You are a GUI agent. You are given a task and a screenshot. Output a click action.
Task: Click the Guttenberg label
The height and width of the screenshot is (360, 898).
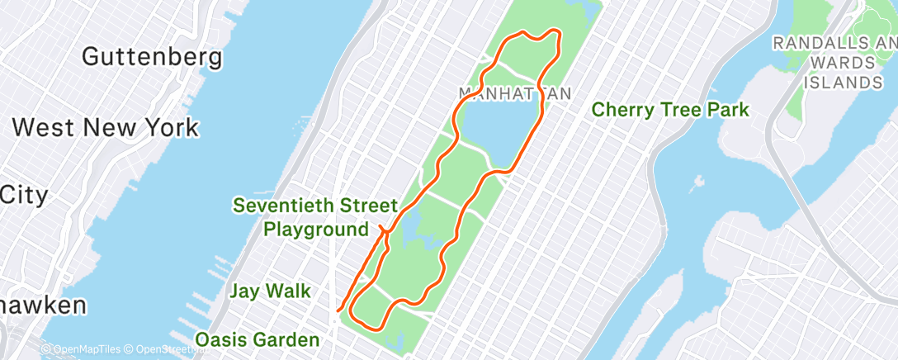[153, 58]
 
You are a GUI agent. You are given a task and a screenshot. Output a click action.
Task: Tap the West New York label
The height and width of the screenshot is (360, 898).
[106, 127]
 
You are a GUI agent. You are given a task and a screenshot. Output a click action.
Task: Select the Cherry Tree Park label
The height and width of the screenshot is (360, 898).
[670, 110]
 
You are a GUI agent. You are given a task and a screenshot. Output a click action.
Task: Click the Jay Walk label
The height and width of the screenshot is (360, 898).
[270, 291]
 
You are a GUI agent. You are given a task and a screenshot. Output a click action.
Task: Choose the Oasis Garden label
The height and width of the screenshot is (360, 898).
[257, 339]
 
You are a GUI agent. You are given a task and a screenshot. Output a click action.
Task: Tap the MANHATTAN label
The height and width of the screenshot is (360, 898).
[514, 93]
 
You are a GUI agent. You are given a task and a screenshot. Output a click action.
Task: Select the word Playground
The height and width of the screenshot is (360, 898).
[316, 229]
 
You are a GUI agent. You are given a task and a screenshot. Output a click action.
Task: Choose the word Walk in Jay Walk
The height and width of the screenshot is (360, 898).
[290, 291]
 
